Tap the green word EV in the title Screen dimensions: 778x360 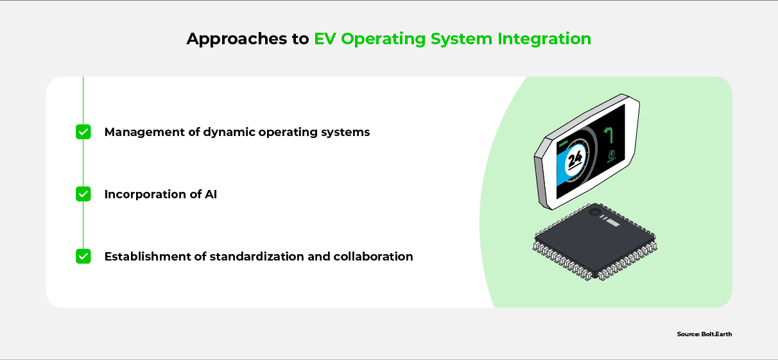(325, 39)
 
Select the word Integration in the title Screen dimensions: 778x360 (544, 39)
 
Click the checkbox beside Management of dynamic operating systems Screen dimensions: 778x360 (83, 132)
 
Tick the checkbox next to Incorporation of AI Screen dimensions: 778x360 (83, 194)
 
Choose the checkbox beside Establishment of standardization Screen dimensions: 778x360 (83, 256)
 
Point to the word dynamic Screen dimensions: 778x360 (229, 133)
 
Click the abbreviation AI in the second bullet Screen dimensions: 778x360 (211, 194)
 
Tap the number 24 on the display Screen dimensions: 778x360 (575, 160)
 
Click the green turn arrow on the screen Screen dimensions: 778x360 (609, 135)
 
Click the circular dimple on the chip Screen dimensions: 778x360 (594, 211)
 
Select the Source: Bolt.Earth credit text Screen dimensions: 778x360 (704, 334)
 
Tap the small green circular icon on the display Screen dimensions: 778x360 (611, 154)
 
